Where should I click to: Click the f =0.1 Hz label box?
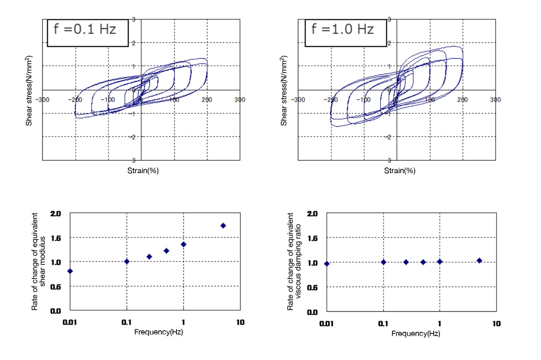[x=88, y=33]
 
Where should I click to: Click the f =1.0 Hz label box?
[x=345, y=33]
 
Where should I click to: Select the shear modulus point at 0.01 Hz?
[x=70, y=271]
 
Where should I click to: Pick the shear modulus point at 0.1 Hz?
[x=127, y=261]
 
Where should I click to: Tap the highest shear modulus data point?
[x=223, y=226]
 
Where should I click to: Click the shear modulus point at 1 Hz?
[x=183, y=244]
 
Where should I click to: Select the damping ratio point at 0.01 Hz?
[x=327, y=263]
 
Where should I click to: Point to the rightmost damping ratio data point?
[x=479, y=261]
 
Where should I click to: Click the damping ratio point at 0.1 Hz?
[x=383, y=262]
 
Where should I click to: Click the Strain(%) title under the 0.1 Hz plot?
[x=143, y=170]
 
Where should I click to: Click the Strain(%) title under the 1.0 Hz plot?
[x=399, y=170]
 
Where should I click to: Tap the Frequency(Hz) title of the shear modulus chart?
[x=158, y=332]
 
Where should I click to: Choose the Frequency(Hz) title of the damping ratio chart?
[x=415, y=333]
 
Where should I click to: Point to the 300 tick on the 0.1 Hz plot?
[x=240, y=100]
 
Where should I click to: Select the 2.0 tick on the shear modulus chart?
[x=56, y=213]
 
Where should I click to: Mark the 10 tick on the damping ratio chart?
[x=496, y=323]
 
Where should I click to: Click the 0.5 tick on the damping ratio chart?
[x=312, y=288]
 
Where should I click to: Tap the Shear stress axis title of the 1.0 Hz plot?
[x=284, y=91]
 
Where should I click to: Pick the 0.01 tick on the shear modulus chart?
[x=70, y=322]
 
